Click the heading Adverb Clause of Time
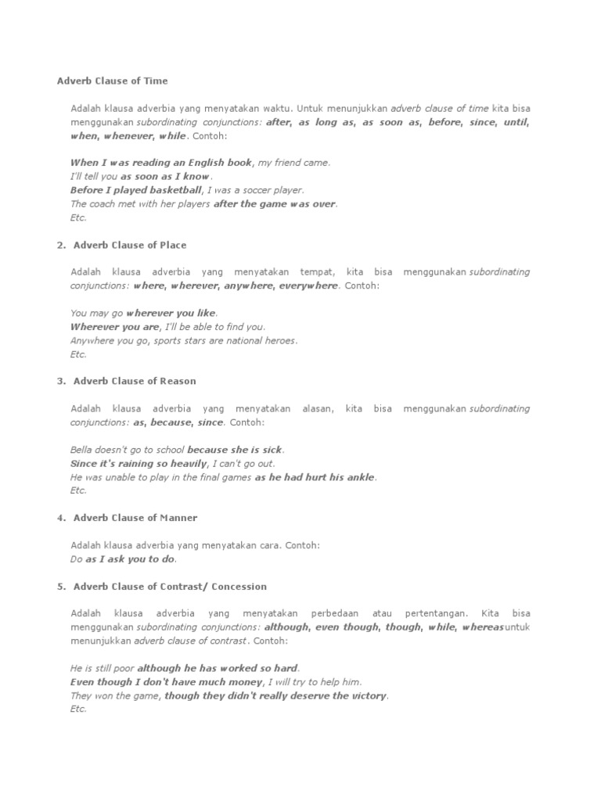click(x=112, y=81)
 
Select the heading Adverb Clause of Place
click(x=130, y=245)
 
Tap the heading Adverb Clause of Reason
click(x=135, y=381)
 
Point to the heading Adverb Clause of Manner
click(x=135, y=518)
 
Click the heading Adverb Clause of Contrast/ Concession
click(x=170, y=586)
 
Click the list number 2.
click(x=60, y=245)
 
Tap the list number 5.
click(x=60, y=586)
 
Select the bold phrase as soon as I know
click(x=165, y=177)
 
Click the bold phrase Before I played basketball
click(x=135, y=190)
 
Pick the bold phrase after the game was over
click(x=275, y=204)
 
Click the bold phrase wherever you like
click(x=171, y=313)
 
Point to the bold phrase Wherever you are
click(x=114, y=327)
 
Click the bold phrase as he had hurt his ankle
click(x=315, y=477)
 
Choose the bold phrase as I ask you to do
click(x=131, y=559)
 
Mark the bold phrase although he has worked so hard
click(x=218, y=669)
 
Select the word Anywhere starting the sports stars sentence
click(x=92, y=340)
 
